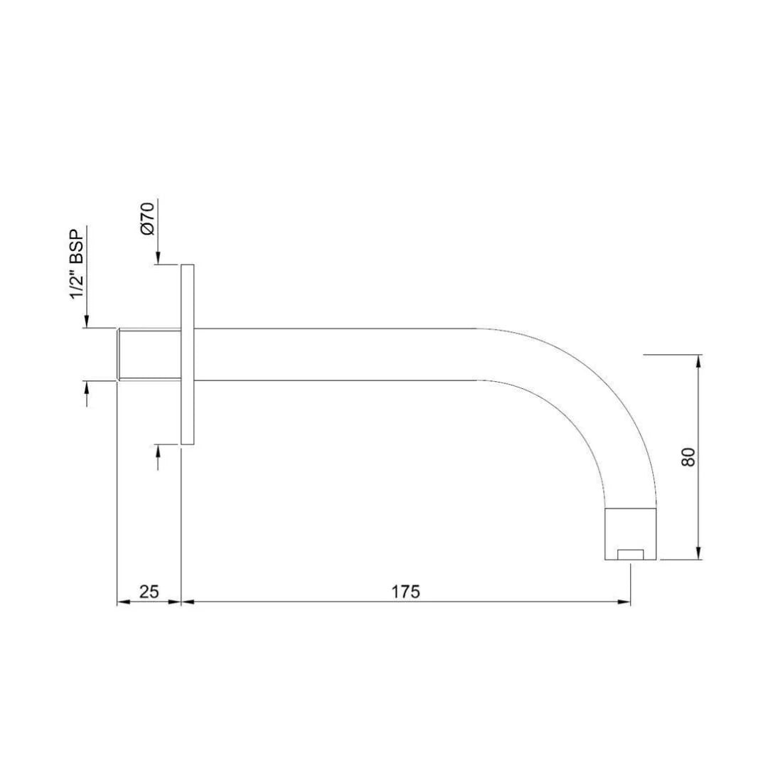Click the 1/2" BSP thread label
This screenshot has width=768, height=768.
tap(77, 263)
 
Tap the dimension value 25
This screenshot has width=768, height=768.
tap(149, 592)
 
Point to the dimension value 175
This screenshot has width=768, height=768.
tap(406, 592)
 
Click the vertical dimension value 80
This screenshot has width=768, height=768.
tap(688, 457)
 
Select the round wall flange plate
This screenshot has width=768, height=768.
tap(188, 354)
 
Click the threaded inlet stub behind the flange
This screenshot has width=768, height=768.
tap(148, 354)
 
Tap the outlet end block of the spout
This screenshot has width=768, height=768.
tap(630, 534)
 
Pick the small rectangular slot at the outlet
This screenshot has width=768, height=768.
tap(630, 554)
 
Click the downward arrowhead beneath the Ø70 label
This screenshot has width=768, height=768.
tap(158, 259)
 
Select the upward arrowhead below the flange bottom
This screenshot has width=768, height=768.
tap(158, 451)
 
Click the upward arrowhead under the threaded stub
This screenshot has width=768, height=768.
tap(87, 388)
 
